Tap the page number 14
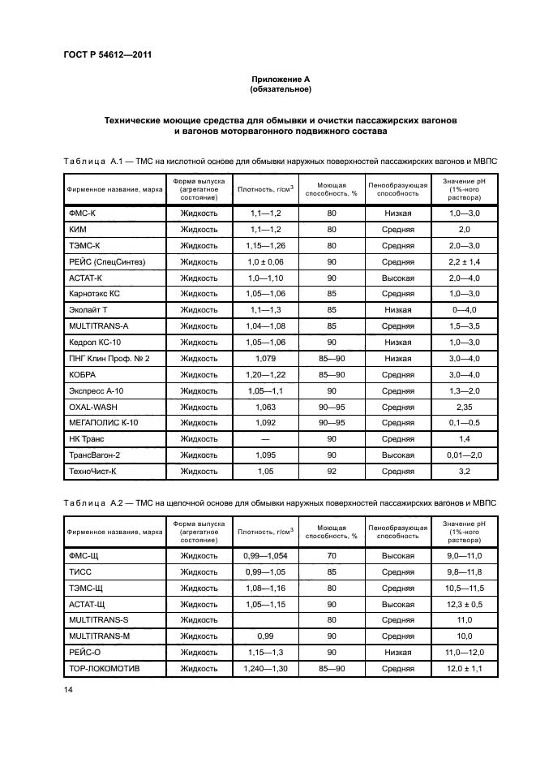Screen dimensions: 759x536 (x=67, y=688)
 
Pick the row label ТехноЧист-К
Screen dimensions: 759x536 (x=94, y=470)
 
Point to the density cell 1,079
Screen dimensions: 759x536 (x=264, y=358)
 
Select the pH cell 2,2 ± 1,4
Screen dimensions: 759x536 (x=465, y=261)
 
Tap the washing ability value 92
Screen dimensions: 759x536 (x=332, y=470)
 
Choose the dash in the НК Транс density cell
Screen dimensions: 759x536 (x=265, y=439)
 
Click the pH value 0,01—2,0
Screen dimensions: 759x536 (x=465, y=455)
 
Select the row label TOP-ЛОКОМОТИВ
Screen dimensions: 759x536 (x=105, y=668)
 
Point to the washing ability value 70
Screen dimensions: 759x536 (x=332, y=555)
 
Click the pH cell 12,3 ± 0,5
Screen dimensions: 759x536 (x=465, y=604)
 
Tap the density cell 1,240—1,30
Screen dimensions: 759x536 (x=264, y=668)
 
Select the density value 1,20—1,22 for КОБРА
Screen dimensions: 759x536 (x=264, y=375)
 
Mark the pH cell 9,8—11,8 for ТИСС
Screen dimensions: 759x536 (x=465, y=571)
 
